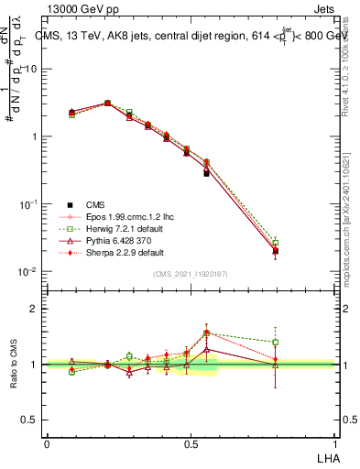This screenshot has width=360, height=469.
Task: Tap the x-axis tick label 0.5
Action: [x=191, y=443]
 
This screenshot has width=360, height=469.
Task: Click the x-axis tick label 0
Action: [x=48, y=443]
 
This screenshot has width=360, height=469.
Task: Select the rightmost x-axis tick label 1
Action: [x=333, y=443]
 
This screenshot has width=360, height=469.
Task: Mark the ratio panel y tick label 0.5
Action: [x=31, y=420]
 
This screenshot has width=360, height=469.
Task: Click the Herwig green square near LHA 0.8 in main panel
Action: [x=275, y=242]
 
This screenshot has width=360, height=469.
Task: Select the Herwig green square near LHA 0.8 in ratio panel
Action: [x=275, y=343]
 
